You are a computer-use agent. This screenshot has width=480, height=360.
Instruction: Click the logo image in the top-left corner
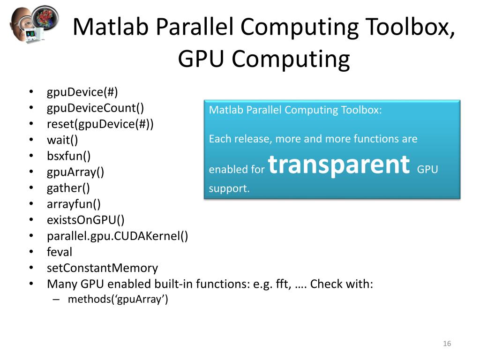34,24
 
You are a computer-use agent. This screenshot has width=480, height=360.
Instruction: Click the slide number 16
447,344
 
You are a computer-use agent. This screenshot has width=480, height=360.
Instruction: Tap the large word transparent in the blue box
339,165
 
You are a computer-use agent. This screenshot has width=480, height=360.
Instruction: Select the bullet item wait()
62,140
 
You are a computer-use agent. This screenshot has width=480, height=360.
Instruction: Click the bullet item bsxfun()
69,156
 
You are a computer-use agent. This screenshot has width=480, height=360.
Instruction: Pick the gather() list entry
68,188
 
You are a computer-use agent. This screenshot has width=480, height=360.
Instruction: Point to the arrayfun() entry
74,204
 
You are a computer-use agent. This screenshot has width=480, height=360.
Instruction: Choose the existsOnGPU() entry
86,220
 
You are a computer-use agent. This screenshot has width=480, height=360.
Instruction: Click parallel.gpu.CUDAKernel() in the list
117,236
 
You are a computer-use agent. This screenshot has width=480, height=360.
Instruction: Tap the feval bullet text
60,252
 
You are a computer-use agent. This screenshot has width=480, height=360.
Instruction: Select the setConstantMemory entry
102,268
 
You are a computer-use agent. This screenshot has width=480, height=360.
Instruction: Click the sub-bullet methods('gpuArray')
118,299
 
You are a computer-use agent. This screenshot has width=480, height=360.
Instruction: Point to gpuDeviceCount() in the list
95,108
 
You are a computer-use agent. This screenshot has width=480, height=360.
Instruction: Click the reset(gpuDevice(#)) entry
100,124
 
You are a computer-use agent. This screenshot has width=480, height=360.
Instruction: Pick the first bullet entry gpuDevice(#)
82,92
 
